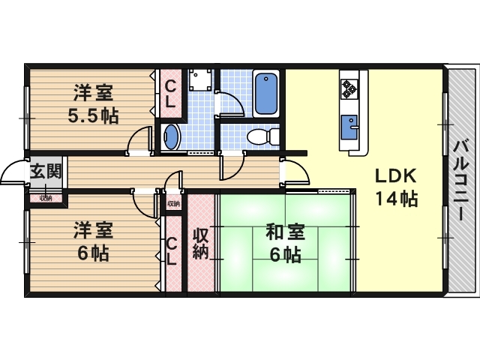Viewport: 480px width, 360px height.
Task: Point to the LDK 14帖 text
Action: point(396,188)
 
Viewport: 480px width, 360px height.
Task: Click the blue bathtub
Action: point(267,93)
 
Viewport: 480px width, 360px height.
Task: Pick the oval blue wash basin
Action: point(172,137)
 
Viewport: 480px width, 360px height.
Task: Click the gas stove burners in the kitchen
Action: point(349,89)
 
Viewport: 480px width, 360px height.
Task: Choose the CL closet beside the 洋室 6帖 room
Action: point(172,251)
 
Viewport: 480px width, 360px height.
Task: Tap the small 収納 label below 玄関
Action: point(46,199)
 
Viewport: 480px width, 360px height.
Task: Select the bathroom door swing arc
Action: point(229,103)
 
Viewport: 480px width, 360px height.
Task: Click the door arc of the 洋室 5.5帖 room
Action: point(139,141)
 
